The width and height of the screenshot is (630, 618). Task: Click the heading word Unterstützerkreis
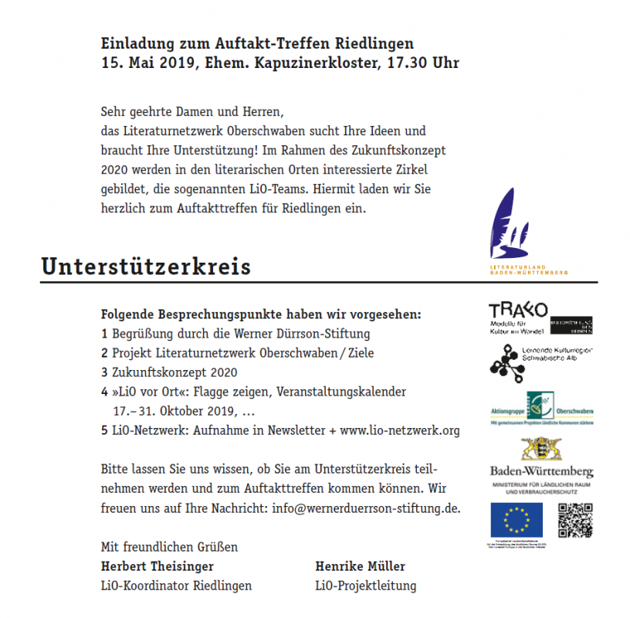146,267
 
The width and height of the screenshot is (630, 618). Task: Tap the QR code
574,520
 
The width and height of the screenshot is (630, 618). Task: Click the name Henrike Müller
360,565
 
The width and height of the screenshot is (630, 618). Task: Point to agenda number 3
104,372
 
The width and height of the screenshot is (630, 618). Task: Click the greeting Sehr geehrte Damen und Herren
198,111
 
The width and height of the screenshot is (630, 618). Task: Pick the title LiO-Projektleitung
365,586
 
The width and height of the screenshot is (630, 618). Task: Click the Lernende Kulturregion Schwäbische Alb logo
540,362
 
